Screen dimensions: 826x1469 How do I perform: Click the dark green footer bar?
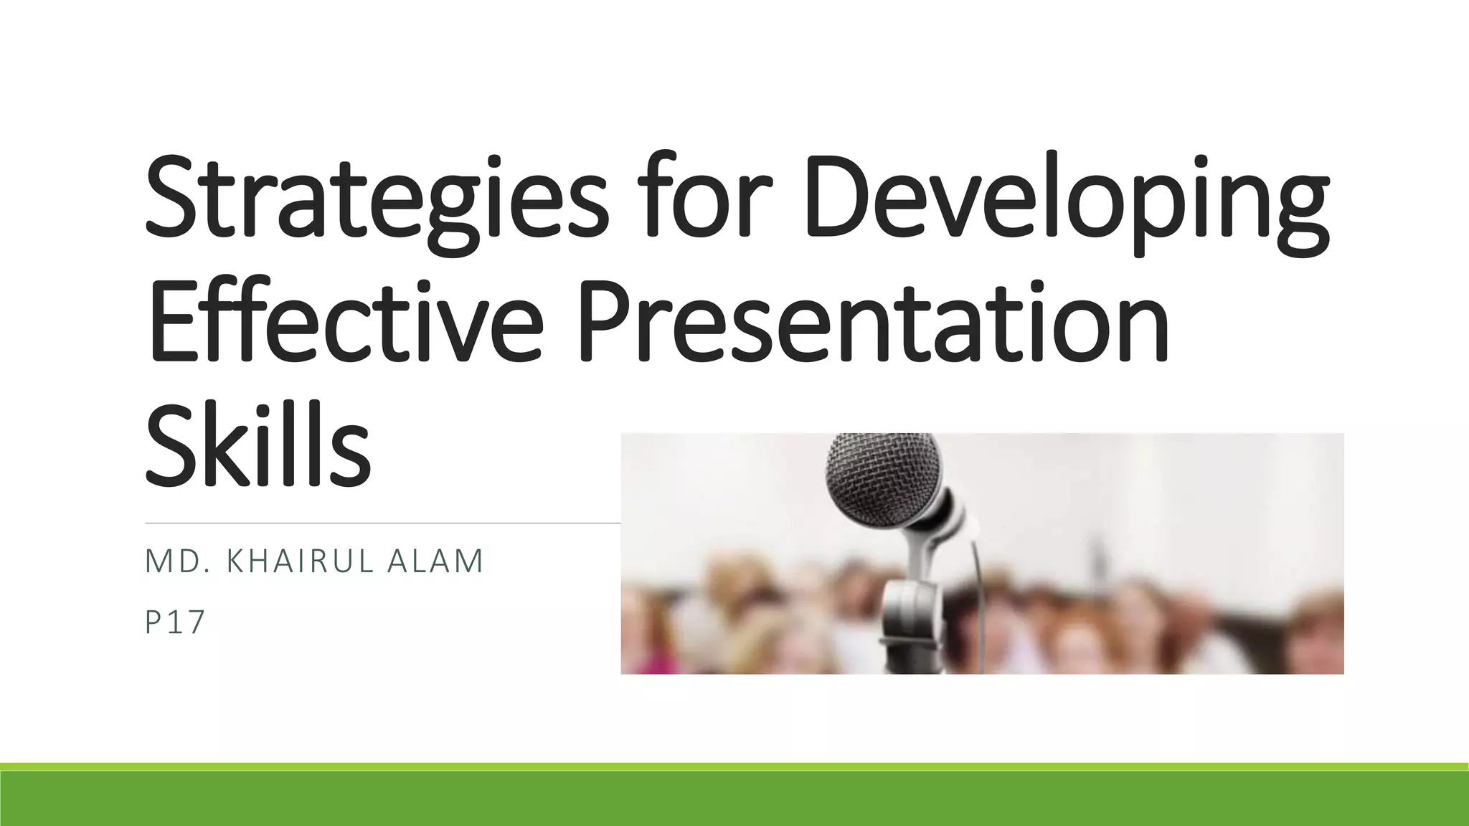tap(734, 799)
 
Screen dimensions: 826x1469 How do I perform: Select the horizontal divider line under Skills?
tap(380, 523)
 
